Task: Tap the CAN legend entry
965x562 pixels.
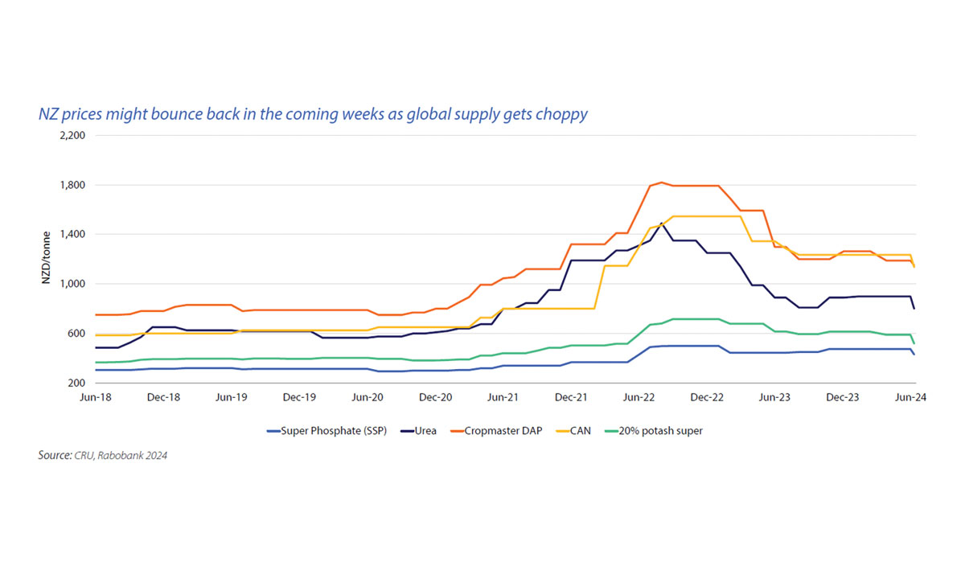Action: pyautogui.click(x=579, y=431)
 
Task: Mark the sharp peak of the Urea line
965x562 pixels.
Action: pyautogui.click(x=661, y=223)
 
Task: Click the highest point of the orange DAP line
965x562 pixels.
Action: pyautogui.click(x=661, y=183)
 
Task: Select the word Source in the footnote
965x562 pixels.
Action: pyautogui.click(x=54, y=456)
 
